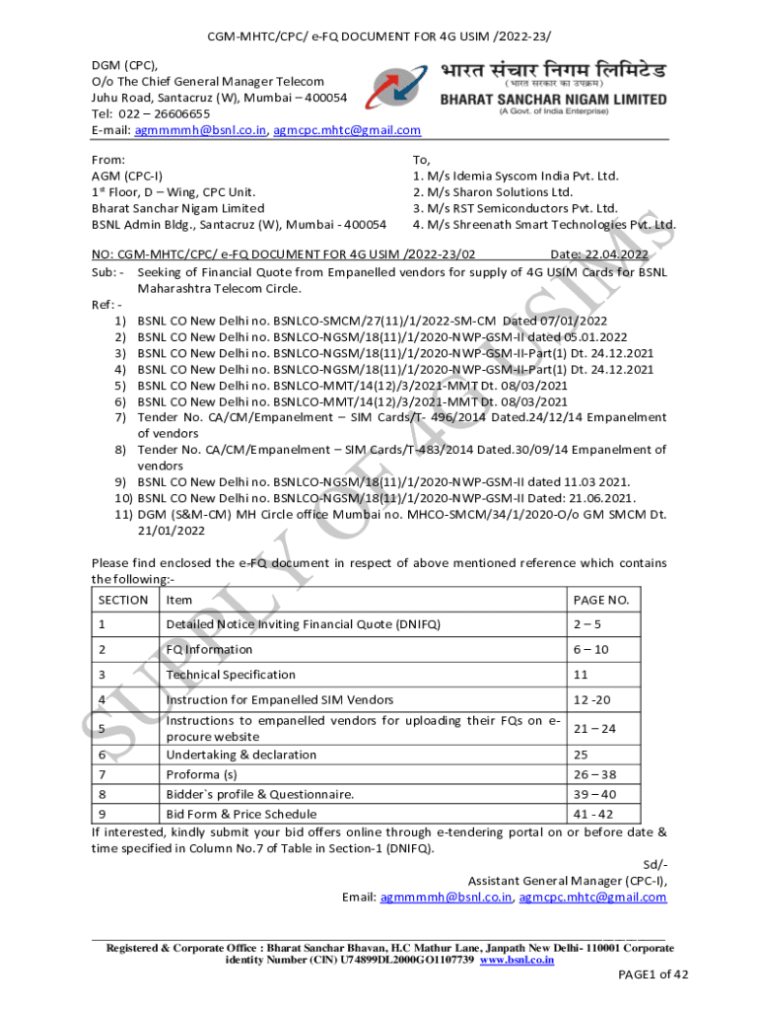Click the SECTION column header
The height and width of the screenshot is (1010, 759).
pyautogui.click(x=124, y=600)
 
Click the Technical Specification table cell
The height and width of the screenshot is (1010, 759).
pyautogui.click(x=231, y=675)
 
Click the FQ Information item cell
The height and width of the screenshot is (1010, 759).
pyautogui.click(x=209, y=649)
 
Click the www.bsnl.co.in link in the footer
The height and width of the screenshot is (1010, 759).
pyautogui.click(x=516, y=959)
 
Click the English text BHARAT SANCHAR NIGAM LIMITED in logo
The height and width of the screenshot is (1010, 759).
pyautogui.click(x=553, y=100)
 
